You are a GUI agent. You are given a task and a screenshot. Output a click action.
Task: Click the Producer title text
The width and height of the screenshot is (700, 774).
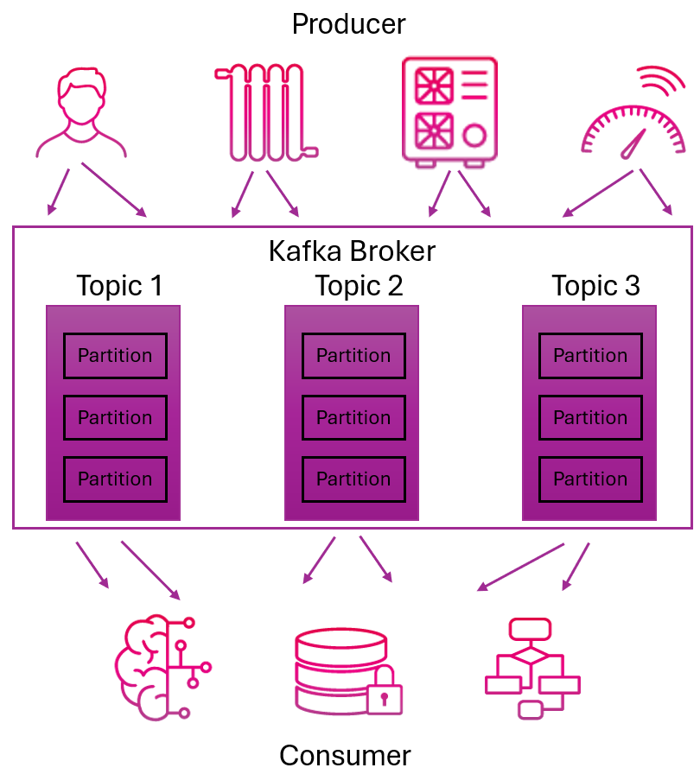tap(348, 23)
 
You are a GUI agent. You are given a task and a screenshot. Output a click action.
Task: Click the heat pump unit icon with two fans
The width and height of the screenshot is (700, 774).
tap(449, 111)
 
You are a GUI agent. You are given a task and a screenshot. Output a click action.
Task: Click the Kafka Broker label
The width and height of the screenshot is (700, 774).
tap(352, 251)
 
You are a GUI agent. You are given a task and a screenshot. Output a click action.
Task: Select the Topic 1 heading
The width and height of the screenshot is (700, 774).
tap(119, 285)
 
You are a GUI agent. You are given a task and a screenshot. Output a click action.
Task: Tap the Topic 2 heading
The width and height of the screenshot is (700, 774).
tap(358, 285)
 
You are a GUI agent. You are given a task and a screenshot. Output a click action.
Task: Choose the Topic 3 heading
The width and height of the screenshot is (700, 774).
tap(595, 285)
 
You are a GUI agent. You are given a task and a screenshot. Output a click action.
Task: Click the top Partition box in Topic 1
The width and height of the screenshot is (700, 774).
tap(115, 356)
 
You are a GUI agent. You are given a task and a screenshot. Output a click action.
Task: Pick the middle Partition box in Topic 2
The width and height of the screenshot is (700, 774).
tap(353, 418)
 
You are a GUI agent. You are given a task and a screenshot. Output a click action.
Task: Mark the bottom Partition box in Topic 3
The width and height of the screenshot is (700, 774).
tap(590, 479)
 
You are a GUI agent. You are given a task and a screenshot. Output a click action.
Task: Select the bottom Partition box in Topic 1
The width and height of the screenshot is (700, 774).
tap(115, 479)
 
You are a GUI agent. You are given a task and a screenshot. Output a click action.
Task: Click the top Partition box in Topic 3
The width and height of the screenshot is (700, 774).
tap(590, 356)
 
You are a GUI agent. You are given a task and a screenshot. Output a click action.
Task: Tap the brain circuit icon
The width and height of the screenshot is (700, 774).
tap(161, 668)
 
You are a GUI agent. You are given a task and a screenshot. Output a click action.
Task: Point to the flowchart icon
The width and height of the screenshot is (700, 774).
tap(531, 668)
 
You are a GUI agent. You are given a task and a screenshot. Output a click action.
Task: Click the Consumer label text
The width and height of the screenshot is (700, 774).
tap(345, 755)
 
